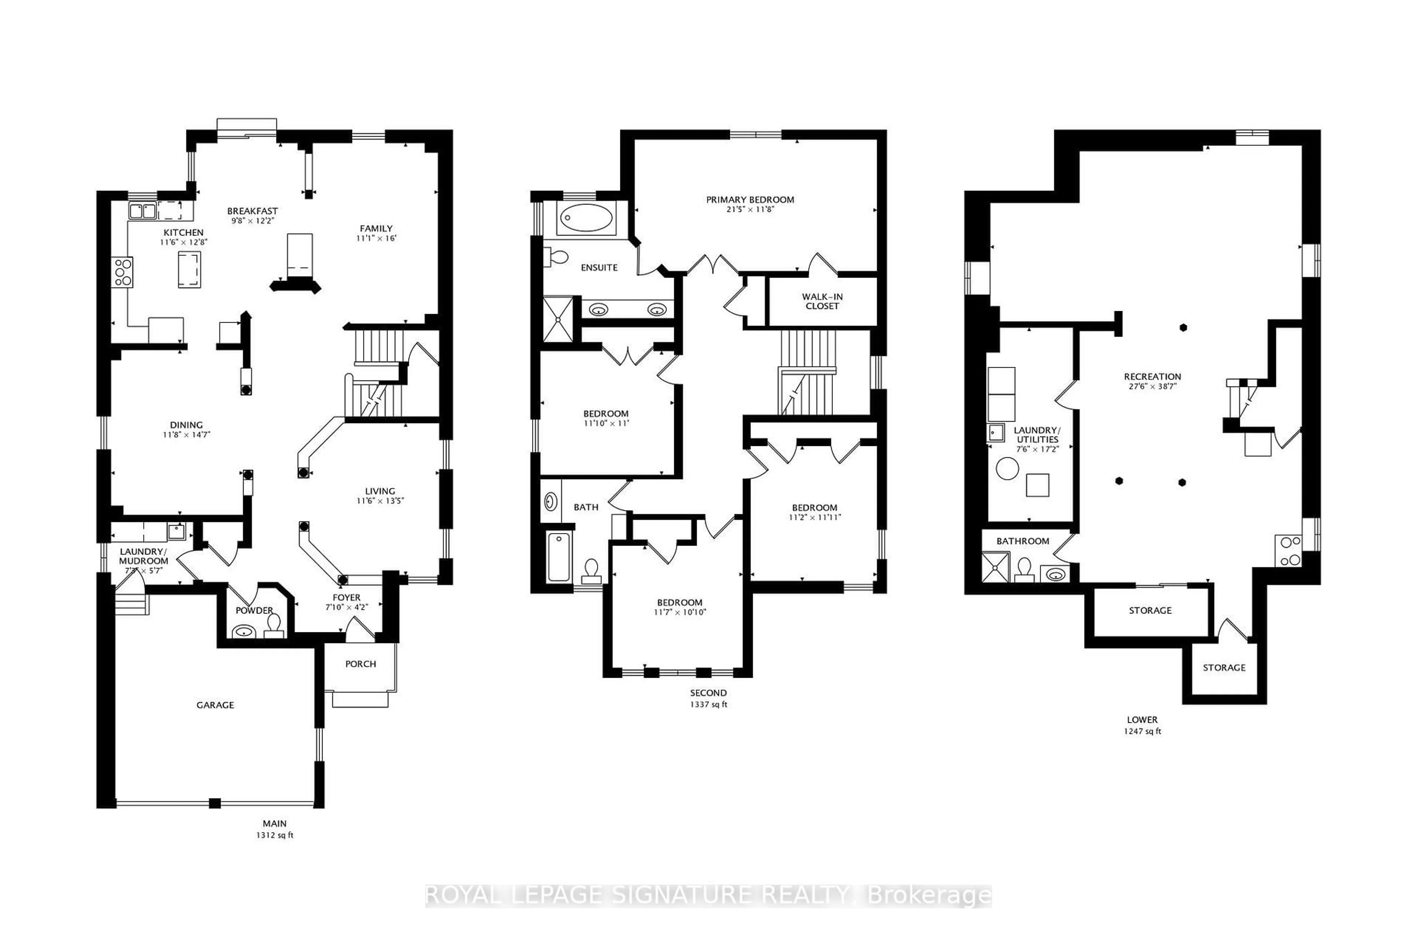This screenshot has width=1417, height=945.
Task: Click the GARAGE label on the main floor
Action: point(215,705)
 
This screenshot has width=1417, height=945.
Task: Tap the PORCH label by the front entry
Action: point(360,664)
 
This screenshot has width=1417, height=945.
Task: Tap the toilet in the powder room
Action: point(274,624)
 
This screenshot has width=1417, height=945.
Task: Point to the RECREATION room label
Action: point(1152,377)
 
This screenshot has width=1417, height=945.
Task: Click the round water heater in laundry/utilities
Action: point(1007,469)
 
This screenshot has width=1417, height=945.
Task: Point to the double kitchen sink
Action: point(143,211)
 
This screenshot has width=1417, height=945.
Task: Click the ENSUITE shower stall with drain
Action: point(558,319)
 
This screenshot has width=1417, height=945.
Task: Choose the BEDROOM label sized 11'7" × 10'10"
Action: point(680,603)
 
